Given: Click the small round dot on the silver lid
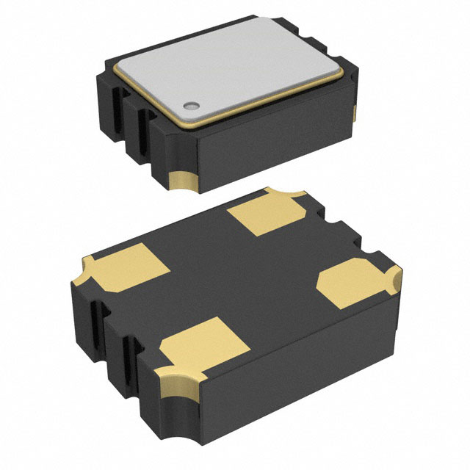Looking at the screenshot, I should (190, 105).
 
